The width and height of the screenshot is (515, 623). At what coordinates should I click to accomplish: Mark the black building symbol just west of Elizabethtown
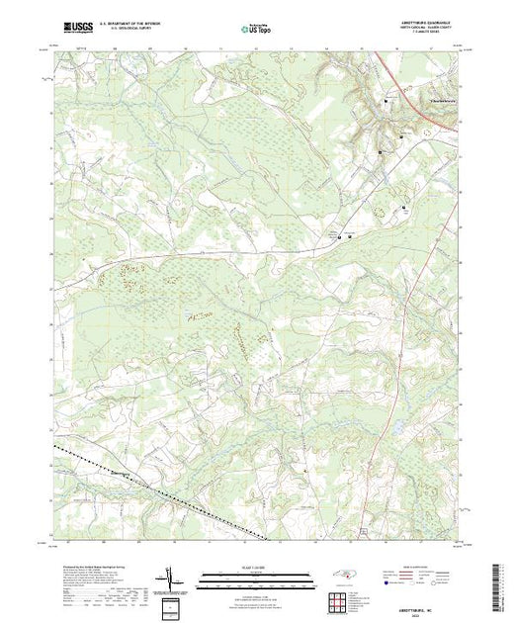click(x=386, y=101)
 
